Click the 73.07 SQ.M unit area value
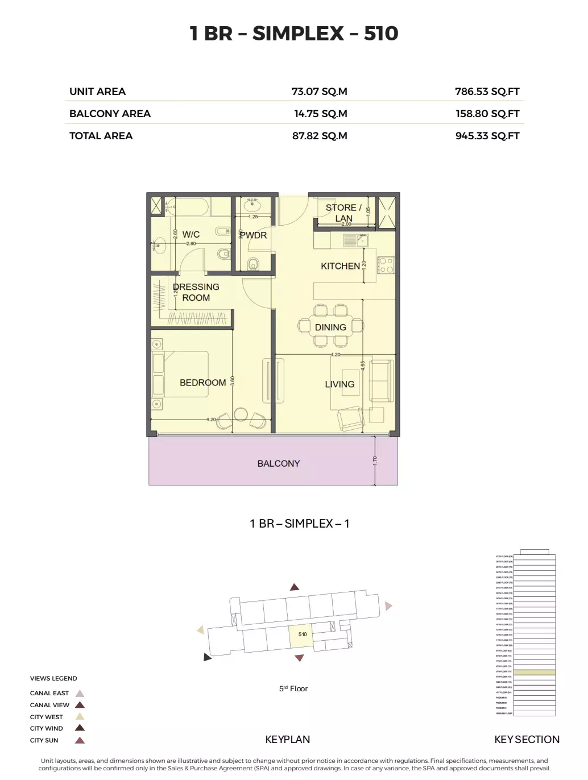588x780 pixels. coord(319,92)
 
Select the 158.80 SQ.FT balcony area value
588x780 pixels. coord(487,114)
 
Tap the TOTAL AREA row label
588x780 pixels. coord(101,136)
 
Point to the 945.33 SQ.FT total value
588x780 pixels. coord(487,136)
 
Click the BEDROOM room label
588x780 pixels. coord(202,383)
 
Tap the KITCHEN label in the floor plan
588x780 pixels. coord(340,266)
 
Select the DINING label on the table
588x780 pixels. coord(330,327)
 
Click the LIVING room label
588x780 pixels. coord(339,384)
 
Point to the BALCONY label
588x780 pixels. coord(278,463)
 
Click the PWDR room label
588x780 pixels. coord(253,235)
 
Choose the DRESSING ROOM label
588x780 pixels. coord(196,292)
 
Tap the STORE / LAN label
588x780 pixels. coord(343,213)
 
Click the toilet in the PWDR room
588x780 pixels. coord(253,263)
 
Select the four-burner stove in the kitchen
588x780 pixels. coord(386,265)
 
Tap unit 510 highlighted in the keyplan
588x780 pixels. coord(302,635)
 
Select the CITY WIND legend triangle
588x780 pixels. coord(80,728)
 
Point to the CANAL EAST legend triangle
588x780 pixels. coord(80,693)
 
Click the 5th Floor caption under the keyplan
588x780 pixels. coord(293,688)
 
